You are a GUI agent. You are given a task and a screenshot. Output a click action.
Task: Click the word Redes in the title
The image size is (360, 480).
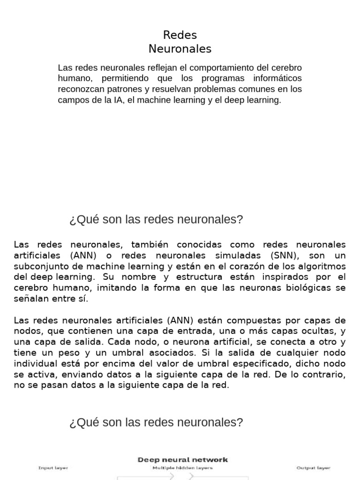(x=180, y=35)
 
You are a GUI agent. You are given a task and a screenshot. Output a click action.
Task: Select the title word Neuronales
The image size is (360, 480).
(x=180, y=49)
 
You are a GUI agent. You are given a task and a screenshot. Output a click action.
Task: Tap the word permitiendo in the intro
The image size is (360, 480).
(x=123, y=78)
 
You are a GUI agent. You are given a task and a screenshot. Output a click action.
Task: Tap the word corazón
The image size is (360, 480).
(x=240, y=266)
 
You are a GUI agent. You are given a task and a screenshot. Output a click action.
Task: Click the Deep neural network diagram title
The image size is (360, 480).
(x=183, y=460)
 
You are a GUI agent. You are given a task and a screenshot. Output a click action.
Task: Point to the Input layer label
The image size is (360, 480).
(x=53, y=468)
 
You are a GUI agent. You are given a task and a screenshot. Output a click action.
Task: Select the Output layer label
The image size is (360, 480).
(x=313, y=468)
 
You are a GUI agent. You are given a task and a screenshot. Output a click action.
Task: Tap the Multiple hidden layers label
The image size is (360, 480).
(x=183, y=468)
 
